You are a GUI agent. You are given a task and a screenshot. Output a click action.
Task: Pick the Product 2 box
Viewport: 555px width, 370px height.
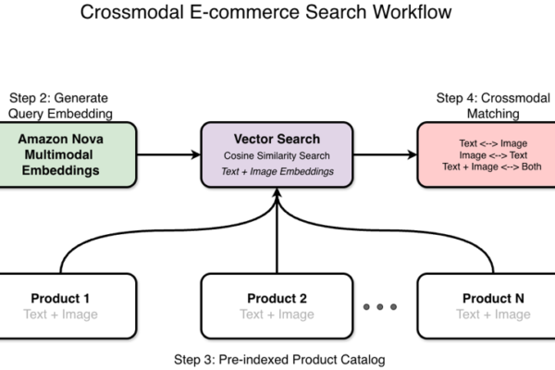[277, 306]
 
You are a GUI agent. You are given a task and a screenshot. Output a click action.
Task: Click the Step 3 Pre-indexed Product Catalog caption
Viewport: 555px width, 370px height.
[277, 358]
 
